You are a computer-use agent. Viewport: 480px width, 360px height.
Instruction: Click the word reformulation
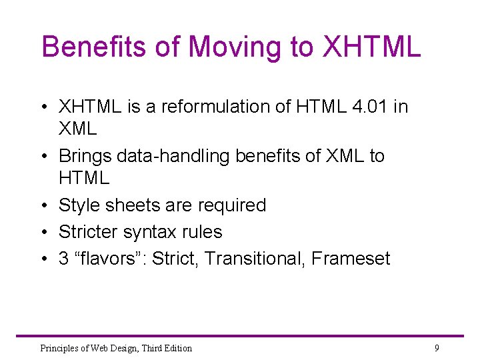pyautogui.click(x=219, y=107)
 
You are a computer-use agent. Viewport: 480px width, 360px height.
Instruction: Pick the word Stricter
pyautogui.click(x=88, y=232)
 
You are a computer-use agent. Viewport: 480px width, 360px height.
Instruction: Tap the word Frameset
pyautogui.click(x=352, y=259)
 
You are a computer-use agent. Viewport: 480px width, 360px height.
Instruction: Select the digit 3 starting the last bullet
pyautogui.click(x=64, y=259)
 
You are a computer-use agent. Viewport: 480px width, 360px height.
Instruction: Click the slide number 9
pyautogui.click(x=437, y=347)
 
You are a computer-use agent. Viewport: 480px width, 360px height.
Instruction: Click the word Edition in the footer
pyautogui.click(x=177, y=348)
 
